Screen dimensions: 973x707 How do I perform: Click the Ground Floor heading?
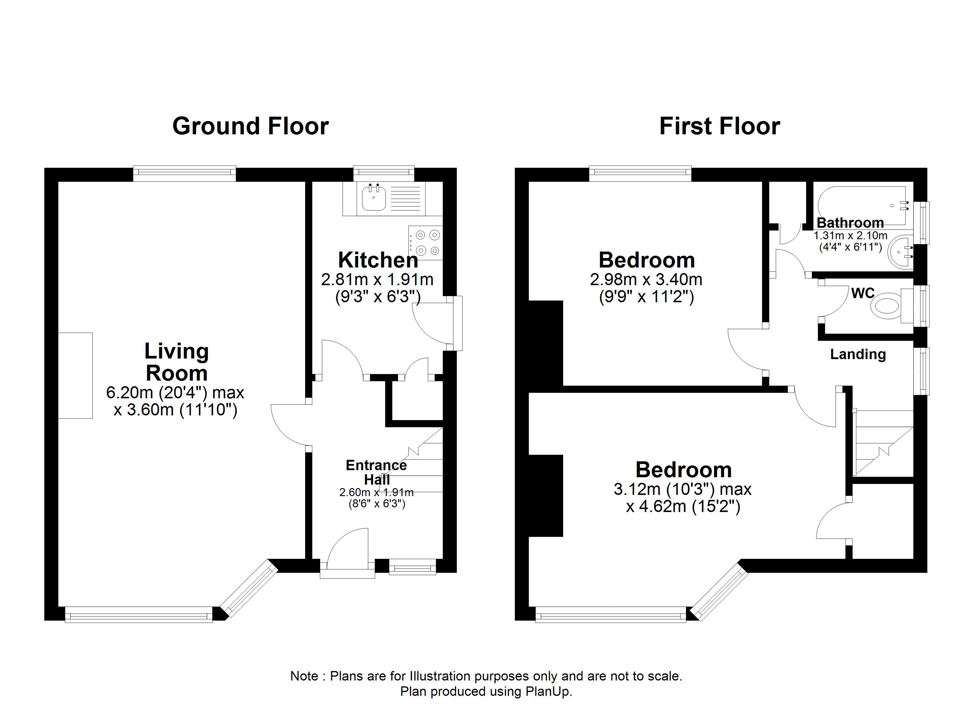pos(251,126)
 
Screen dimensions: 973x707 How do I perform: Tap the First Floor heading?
pos(719,126)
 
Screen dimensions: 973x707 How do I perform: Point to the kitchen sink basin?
pos(374,198)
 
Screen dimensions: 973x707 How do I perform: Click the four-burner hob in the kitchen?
pos(425,243)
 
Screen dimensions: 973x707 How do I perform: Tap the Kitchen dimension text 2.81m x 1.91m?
pos(377,280)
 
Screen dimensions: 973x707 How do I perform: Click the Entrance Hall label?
pos(376,472)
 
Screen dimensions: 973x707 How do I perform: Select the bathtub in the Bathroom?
pos(863,205)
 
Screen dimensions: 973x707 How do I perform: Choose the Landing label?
pos(858,354)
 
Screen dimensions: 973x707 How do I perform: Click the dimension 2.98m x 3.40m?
pos(646,280)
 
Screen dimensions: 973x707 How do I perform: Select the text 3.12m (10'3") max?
pos(683,489)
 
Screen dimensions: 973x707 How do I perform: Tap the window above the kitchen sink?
pos(384,173)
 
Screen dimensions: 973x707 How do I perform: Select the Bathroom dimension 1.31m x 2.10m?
pos(850,235)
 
